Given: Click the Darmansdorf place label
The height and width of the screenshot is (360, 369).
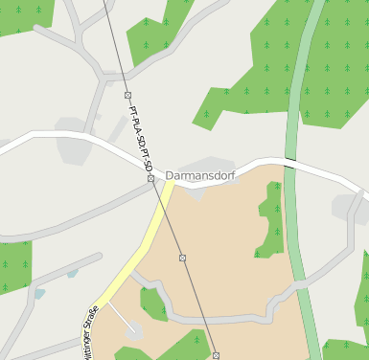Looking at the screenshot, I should coord(200,176).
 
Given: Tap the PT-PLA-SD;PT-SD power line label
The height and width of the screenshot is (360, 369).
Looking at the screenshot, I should coord(140,143).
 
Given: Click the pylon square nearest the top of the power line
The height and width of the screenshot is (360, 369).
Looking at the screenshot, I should coord(127,95).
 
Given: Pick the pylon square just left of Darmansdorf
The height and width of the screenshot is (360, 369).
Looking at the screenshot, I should coord(150,178).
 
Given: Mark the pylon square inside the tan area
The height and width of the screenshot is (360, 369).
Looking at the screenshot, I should coord(182,258).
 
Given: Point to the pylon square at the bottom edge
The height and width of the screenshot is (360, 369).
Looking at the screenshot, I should coord(216,355).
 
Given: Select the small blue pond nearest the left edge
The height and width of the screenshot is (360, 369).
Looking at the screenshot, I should coord(39,293).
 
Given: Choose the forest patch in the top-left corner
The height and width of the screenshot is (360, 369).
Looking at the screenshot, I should coord(24,13).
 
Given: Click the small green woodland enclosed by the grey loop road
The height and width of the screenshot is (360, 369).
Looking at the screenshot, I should coord(152,304).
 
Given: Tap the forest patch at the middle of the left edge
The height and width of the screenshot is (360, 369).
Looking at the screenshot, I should coord(14,266).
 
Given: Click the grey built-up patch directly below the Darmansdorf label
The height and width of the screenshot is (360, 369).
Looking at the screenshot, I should coord(196,191).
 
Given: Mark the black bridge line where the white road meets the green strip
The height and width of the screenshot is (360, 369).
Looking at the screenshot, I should coord(288,159).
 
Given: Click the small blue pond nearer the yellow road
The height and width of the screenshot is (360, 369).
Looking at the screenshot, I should coord(73,274).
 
